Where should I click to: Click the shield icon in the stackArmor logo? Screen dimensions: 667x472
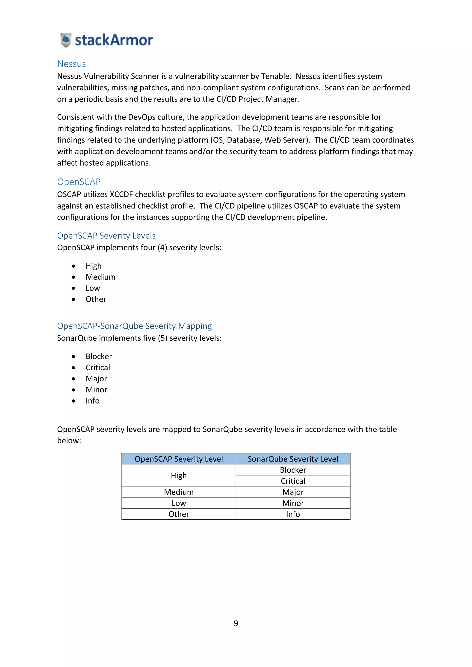66,40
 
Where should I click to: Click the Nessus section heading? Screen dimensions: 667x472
71,64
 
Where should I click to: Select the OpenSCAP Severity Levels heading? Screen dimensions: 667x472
106,235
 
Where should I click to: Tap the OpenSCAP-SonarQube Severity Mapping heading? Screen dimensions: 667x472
134,326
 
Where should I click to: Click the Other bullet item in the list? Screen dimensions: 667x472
96,299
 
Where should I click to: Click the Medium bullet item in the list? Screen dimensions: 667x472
100,277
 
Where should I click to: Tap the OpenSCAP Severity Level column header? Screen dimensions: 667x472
179,459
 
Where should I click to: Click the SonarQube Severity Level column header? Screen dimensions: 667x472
293,459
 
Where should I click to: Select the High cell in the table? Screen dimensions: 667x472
179,475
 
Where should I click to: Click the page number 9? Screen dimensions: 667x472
236,623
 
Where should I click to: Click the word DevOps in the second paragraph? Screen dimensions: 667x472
142,117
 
